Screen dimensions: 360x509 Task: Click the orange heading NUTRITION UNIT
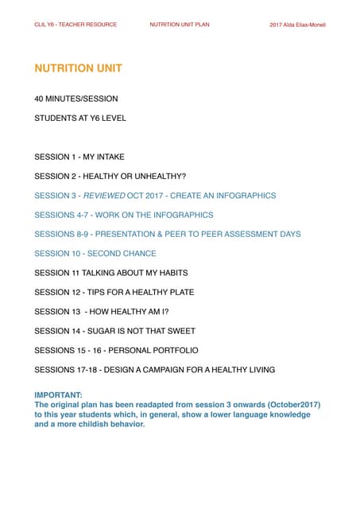(x=78, y=68)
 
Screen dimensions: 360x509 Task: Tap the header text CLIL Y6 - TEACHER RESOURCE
(x=75, y=25)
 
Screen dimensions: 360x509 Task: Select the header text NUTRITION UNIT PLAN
(x=180, y=25)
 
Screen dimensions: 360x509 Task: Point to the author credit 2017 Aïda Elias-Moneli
(x=298, y=25)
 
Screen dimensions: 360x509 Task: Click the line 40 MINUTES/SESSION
(x=76, y=99)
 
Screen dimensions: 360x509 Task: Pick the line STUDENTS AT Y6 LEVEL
(x=80, y=118)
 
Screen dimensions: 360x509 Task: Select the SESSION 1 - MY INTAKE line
(x=79, y=157)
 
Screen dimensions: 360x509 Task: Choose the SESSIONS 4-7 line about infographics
(x=124, y=215)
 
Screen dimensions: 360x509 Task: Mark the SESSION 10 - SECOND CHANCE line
(x=95, y=254)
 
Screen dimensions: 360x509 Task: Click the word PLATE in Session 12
(x=178, y=293)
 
